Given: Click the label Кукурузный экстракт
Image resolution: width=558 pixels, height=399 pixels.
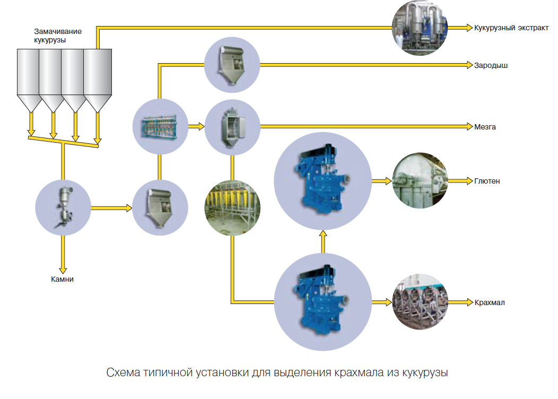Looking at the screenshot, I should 511,27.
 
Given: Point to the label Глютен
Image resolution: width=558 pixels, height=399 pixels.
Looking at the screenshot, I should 487,181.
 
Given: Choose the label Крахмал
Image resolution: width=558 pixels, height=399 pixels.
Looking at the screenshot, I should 489,302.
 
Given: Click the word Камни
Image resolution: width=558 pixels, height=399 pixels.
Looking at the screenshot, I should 63,279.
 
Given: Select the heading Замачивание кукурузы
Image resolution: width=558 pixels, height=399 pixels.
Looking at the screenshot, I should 51,36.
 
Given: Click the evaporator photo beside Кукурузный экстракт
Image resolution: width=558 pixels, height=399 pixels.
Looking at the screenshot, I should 420,27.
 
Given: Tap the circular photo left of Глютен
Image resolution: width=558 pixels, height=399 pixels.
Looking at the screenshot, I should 420,181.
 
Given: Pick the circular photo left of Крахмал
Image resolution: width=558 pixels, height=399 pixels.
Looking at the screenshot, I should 420,302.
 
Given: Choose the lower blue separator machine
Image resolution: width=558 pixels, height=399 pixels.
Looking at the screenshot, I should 322,301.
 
